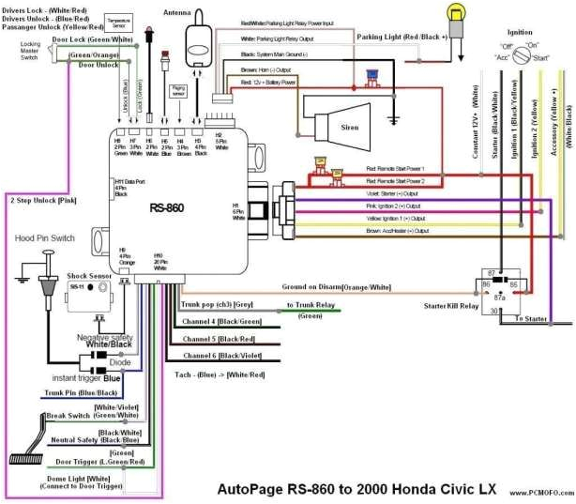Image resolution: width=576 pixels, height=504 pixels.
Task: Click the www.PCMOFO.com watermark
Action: pos(540,492)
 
